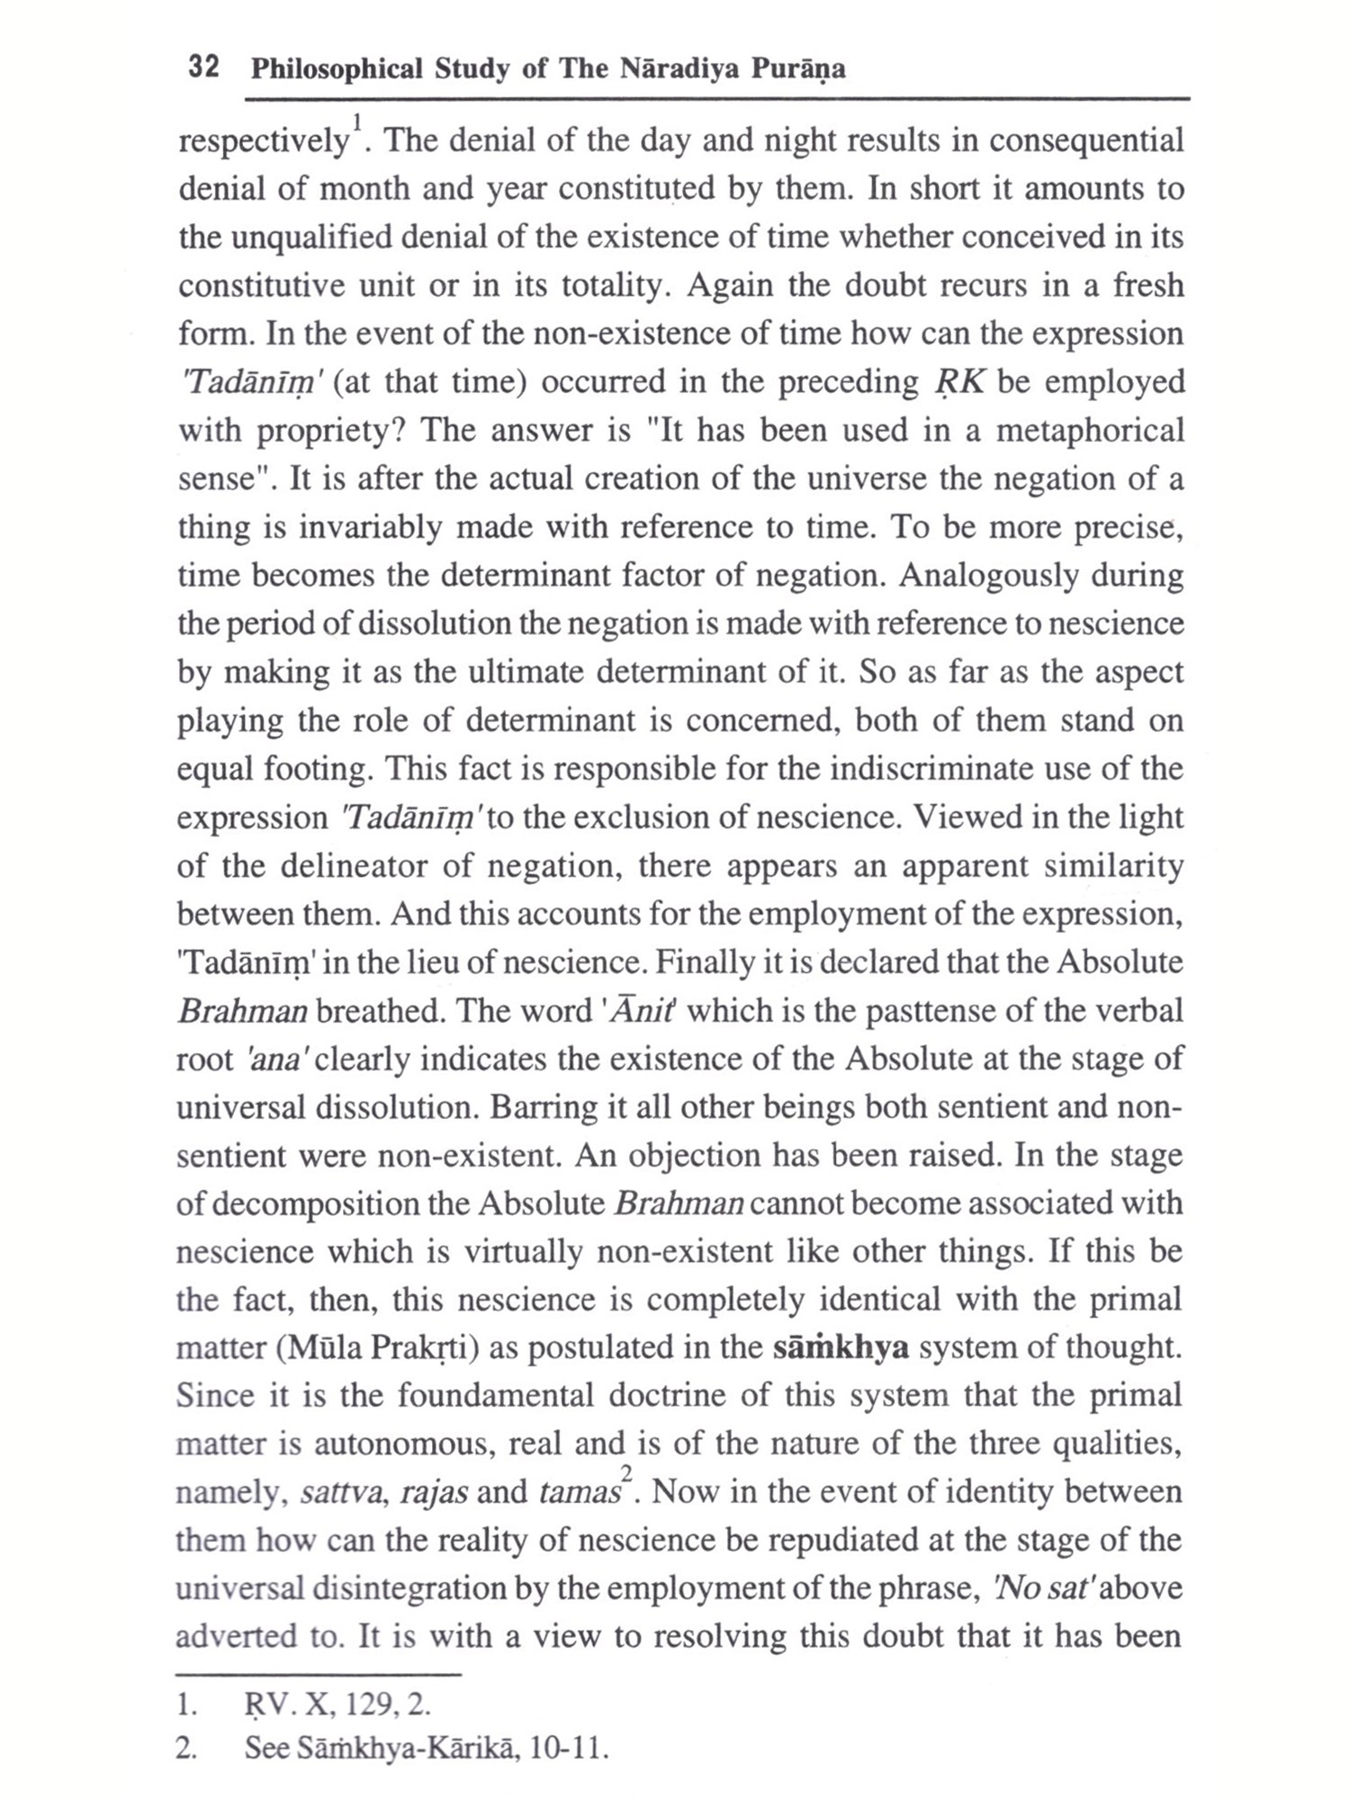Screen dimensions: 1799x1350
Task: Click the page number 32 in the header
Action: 204,68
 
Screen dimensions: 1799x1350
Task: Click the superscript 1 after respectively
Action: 356,121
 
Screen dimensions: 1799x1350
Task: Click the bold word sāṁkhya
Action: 841,1348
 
